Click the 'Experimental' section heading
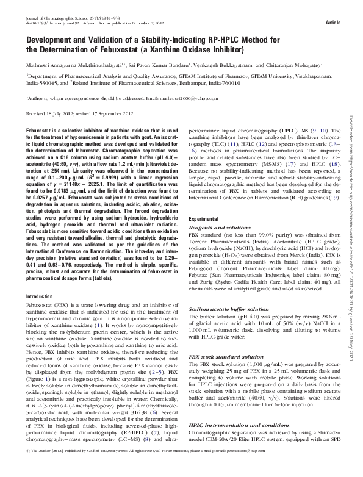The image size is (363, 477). pyautogui.click(x=204, y=218)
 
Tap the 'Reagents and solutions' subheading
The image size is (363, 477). pyautogui.click(x=215, y=227)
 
